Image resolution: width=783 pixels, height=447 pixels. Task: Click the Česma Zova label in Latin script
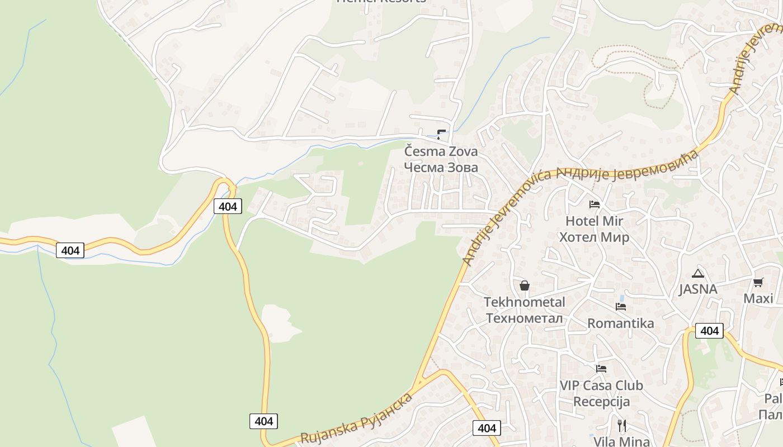pyautogui.click(x=441, y=151)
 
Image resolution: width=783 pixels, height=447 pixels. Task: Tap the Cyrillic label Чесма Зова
pyautogui.click(x=441, y=168)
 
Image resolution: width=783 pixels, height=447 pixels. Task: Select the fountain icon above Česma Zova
pyautogui.click(x=441, y=134)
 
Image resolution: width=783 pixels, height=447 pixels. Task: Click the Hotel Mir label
pyautogui.click(x=594, y=221)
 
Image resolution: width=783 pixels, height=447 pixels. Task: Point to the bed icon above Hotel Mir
pyautogui.click(x=594, y=205)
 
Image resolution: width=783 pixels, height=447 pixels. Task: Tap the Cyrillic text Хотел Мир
pyautogui.click(x=594, y=237)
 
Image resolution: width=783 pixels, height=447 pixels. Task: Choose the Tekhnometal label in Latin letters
pyautogui.click(x=524, y=302)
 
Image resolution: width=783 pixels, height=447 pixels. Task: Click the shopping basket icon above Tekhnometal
pyautogui.click(x=524, y=286)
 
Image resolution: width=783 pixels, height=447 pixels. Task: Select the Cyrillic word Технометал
pyautogui.click(x=524, y=318)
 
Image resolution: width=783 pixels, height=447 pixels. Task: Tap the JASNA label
pyautogui.click(x=697, y=289)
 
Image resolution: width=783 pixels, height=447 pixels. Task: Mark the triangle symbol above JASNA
pyautogui.click(x=697, y=273)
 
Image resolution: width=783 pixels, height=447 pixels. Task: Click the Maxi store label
pyautogui.click(x=758, y=298)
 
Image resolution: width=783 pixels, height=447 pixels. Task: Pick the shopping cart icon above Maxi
pyautogui.click(x=758, y=282)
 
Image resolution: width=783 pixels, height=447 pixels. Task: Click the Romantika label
pyautogui.click(x=620, y=324)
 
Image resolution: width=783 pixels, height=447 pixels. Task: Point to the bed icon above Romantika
pyautogui.click(x=620, y=307)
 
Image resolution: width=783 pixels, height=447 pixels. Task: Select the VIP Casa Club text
pyautogui.click(x=601, y=386)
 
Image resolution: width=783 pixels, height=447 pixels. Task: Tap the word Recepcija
pyautogui.click(x=601, y=402)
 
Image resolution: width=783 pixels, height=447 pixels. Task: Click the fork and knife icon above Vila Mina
pyautogui.click(x=621, y=425)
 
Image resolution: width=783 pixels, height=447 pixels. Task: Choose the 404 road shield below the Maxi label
pyautogui.click(x=709, y=331)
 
